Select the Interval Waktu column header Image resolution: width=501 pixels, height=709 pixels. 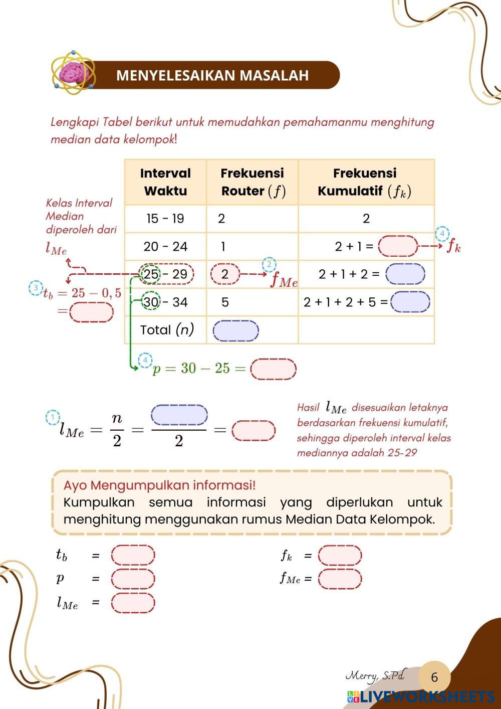[165, 182]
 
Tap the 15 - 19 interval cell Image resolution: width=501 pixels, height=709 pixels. [165, 219]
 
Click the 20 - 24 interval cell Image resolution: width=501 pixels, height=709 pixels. [165, 246]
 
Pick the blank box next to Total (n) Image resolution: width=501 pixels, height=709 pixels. [235, 330]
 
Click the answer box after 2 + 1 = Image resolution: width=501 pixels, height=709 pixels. [398, 246]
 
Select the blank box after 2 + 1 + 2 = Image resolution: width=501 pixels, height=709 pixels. [405, 274]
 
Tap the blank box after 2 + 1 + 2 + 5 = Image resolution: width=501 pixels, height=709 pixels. [410, 302]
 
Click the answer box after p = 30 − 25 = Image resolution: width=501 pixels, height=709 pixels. [273, 369]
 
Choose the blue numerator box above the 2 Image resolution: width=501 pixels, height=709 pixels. [179, 415]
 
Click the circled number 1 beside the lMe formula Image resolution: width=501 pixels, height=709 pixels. [53, 417]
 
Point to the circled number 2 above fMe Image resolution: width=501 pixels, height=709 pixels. [269, 265]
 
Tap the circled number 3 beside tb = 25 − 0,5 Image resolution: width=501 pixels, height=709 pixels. [36, 288]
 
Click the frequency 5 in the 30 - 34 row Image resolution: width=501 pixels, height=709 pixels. [225, 302]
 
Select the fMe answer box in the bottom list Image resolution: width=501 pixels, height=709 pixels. [340, 579]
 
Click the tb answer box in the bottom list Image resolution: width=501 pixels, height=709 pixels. [133, 555]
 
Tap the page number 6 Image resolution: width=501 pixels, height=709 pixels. [434, 677]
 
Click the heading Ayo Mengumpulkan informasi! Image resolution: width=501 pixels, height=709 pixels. [159, 485]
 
